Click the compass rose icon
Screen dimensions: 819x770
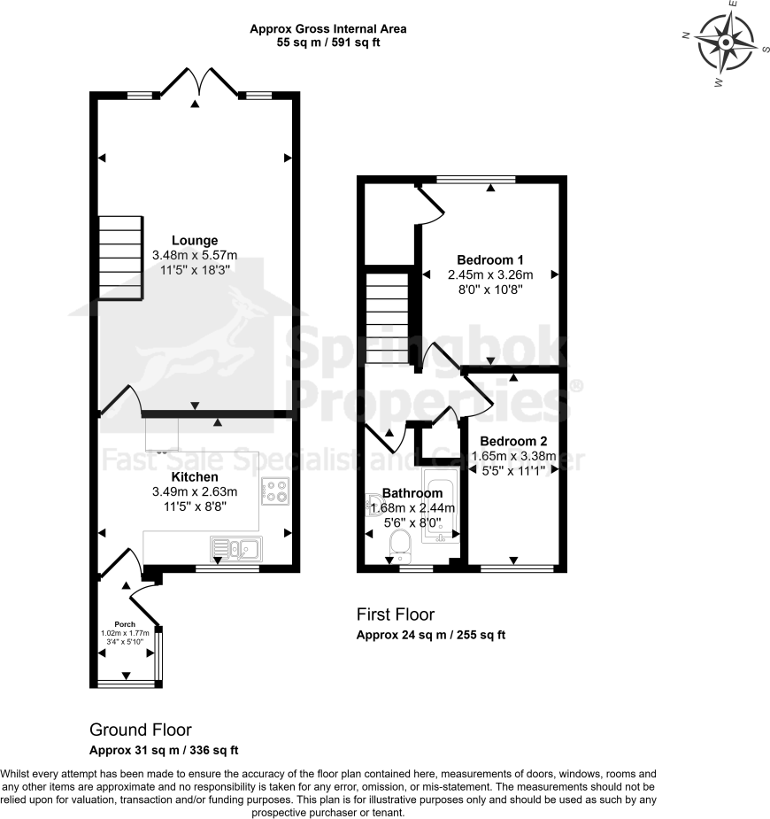point(726,44)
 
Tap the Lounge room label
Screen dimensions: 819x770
point(195,240)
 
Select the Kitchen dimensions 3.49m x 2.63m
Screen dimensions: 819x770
point(195,492)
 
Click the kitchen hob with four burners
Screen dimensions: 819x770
point(275,490)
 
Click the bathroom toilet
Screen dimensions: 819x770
point(400,545)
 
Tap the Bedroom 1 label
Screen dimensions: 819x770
point(490,259)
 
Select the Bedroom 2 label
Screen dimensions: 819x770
point(513,441)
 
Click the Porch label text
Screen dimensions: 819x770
point(124,624)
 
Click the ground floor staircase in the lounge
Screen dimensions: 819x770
point(119,257)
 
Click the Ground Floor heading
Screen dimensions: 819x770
point(141,730)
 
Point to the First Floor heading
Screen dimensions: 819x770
point(396,614)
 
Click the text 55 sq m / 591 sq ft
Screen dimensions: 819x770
point(327,42)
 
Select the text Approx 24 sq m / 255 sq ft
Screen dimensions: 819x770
point(430,635)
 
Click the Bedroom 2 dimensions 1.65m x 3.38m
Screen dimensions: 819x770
point(512,457)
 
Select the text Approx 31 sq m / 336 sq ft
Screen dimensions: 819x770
point(164,750)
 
